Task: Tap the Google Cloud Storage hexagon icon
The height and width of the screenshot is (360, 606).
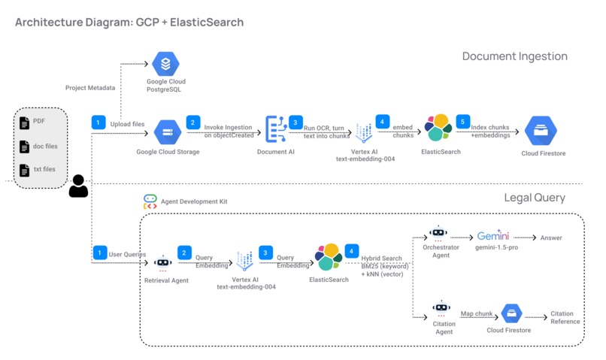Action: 167,132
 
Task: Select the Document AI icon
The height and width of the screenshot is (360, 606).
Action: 276,129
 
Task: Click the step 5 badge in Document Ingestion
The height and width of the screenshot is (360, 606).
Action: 463,122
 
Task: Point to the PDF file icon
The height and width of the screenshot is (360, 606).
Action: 25,123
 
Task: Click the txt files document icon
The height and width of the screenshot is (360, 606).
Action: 25,170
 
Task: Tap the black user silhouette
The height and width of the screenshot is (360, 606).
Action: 78,186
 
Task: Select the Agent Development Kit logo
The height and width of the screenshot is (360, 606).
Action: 150,201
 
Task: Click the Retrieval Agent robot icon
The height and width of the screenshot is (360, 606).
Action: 163,262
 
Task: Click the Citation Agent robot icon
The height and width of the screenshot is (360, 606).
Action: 441,307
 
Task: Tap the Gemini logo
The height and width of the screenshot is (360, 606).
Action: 492,235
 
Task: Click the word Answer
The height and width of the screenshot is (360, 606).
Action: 550,237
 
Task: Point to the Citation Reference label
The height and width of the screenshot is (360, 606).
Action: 565,317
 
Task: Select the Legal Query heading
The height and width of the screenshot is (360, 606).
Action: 535,198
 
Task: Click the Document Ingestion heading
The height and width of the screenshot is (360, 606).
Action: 514,56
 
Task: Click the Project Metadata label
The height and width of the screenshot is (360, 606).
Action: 90,88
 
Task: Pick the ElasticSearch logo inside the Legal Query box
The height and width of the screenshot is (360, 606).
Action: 329,257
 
